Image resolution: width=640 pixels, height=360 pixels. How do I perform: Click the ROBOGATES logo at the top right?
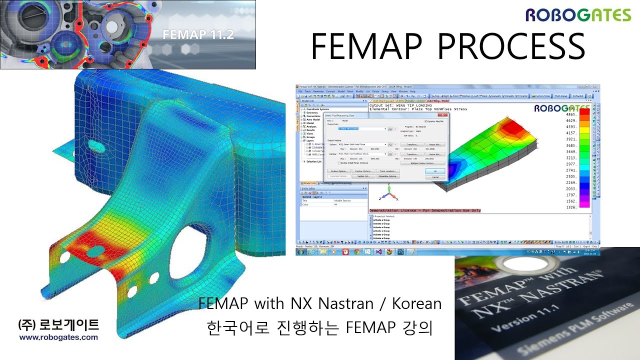click(x=578, y=15)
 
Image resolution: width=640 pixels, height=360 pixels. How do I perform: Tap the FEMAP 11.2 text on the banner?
click(x=198, y=35)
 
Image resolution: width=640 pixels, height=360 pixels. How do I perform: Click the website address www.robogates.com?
click(x=58, y=337)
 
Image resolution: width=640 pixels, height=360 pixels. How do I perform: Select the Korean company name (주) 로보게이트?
click(x=58, y=325)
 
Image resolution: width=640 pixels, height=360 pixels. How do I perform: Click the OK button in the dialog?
click(x=434, y=171)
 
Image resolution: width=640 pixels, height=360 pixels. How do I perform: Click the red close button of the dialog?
click(x=446, y=115)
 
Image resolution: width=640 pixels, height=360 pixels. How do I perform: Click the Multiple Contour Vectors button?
click(x=422, y=163)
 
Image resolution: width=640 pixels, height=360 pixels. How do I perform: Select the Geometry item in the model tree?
click(x=314, y=113)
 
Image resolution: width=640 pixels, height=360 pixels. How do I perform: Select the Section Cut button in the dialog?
click(x=363, y=176)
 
